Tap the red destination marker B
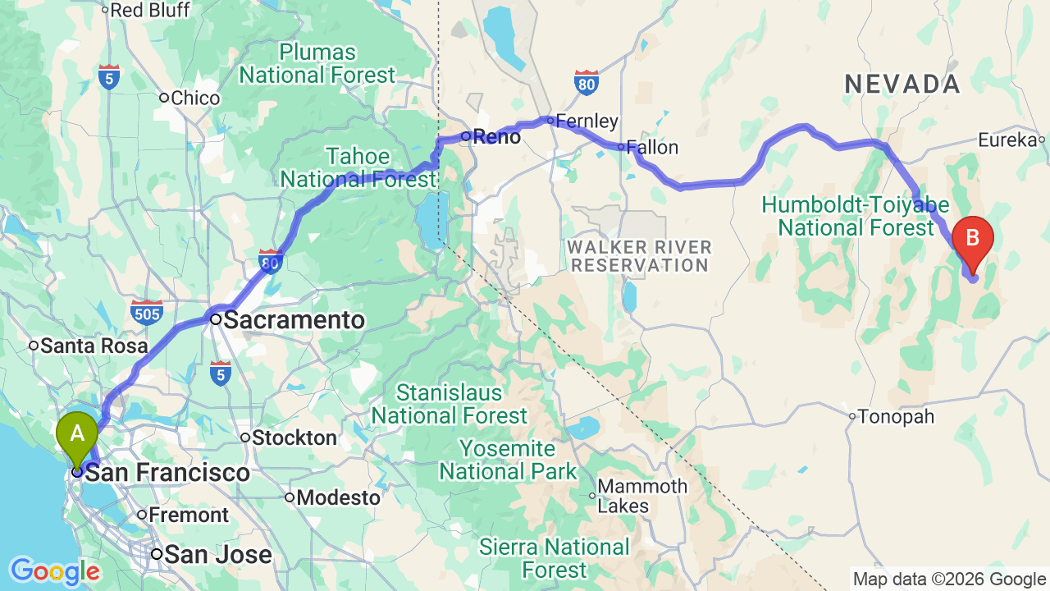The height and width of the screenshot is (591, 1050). coord(972,240)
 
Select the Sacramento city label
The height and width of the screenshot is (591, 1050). coord(293,320)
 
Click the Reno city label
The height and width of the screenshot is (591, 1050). coord(496,137)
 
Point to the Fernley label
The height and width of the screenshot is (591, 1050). coord(587,121)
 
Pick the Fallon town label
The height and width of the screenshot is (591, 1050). coord(653,148)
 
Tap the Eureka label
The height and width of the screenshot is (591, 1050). coord(1007,140)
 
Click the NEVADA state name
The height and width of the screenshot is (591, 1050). coord(902,84)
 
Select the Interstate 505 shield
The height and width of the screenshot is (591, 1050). coord(146,312)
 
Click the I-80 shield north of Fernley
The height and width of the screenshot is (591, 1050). coord(586,83)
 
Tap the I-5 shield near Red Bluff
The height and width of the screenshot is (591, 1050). coord(109,77)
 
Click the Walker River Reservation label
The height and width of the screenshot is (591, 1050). coord(640,256)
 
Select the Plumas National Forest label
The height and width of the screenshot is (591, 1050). coord(317,64)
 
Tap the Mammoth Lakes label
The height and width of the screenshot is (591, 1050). coord(642,496)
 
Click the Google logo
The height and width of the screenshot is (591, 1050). coord(54,571)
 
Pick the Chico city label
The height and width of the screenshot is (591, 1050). coord(195,98)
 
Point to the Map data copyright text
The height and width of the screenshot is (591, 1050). coord(949,580)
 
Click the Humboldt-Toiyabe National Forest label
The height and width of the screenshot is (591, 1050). coord(856,216)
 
